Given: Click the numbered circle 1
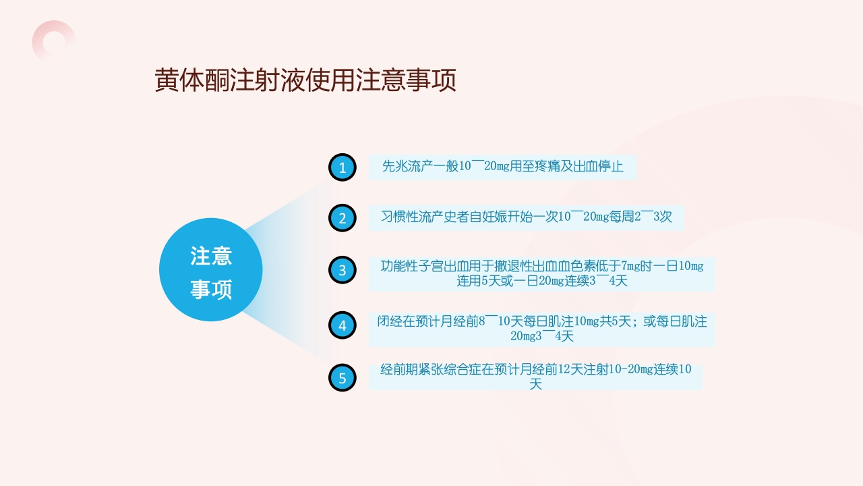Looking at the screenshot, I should click(342, 167).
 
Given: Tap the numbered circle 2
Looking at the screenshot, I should click(342, 218).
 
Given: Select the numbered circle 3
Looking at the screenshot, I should click(342, 270).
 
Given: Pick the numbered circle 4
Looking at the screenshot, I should click(342, 325).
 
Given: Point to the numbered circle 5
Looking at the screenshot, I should click(342, 378).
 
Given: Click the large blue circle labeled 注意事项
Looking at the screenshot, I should click(211, 269).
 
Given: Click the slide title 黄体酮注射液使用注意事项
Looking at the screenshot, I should click(305, 80).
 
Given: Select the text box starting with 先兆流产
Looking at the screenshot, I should click(502, 167).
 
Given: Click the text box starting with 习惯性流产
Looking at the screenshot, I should click(526, 217).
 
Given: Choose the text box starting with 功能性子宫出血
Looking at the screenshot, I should click(541, 273).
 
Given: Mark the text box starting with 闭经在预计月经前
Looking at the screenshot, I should click(541, 329).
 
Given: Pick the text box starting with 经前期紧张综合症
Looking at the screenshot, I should click(535, 377).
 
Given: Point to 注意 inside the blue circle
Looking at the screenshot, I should click(211, 256).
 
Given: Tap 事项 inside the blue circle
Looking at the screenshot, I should click(211, 290).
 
